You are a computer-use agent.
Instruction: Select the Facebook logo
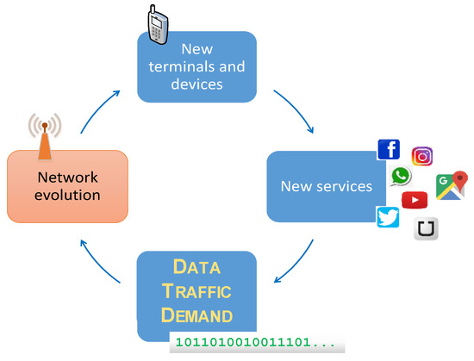(x=389, y=149)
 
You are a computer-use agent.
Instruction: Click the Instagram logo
(x=422, y=156)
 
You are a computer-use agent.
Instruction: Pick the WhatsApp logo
(x=401, y=177)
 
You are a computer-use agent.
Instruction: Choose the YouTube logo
(x=415, y=200)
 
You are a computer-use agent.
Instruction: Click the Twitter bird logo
(x=389, y=217)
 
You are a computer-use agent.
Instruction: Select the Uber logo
(x=426, y=230)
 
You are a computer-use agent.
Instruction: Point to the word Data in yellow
(x=197, y=268)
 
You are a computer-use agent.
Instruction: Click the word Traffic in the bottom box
(x=197, y=291)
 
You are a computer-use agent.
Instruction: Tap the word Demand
(x=197, y=314)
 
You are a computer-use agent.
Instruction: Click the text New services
(x=327, y=186)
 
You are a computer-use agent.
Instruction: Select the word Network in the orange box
(x=67, y=177)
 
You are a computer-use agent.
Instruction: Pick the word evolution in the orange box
(x=67, y=195)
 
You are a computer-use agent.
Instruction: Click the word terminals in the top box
(x=197, y=66)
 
